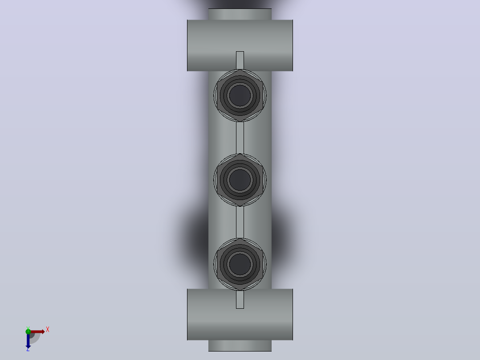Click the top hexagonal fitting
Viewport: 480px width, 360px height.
coord(240,95)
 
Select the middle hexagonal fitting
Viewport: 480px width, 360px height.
coord(240,180)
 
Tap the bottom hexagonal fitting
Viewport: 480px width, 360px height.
coord(240,264)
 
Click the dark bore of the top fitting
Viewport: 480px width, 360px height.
coord(240,95)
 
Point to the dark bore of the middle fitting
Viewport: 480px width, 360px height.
coord(240,180)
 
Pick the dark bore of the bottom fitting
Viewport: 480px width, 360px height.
coord(240,264)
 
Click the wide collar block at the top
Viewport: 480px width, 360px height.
coord(240,45)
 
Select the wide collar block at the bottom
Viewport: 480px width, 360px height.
coord(240,315)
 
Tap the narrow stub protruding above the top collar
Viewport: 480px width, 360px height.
coord(240,14)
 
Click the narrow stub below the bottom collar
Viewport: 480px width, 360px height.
coord(240,346)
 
